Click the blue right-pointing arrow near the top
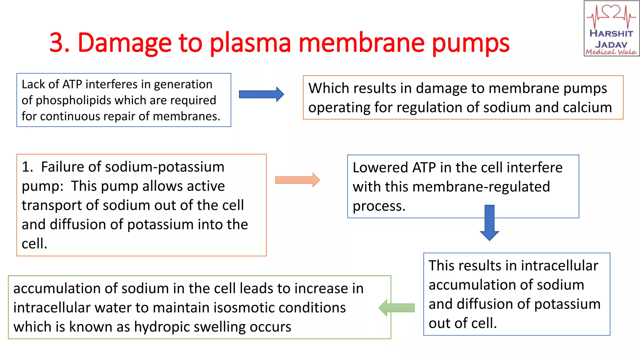pyautogui.click(x=261, y=94)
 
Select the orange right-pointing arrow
pyautogui.click(x=297, y=180)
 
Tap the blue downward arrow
pyautogui.click(x=489, y=222)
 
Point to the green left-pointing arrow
pyautogui.click(x=396, y=308)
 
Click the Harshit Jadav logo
pyautogui.click(x=611, y=29)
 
